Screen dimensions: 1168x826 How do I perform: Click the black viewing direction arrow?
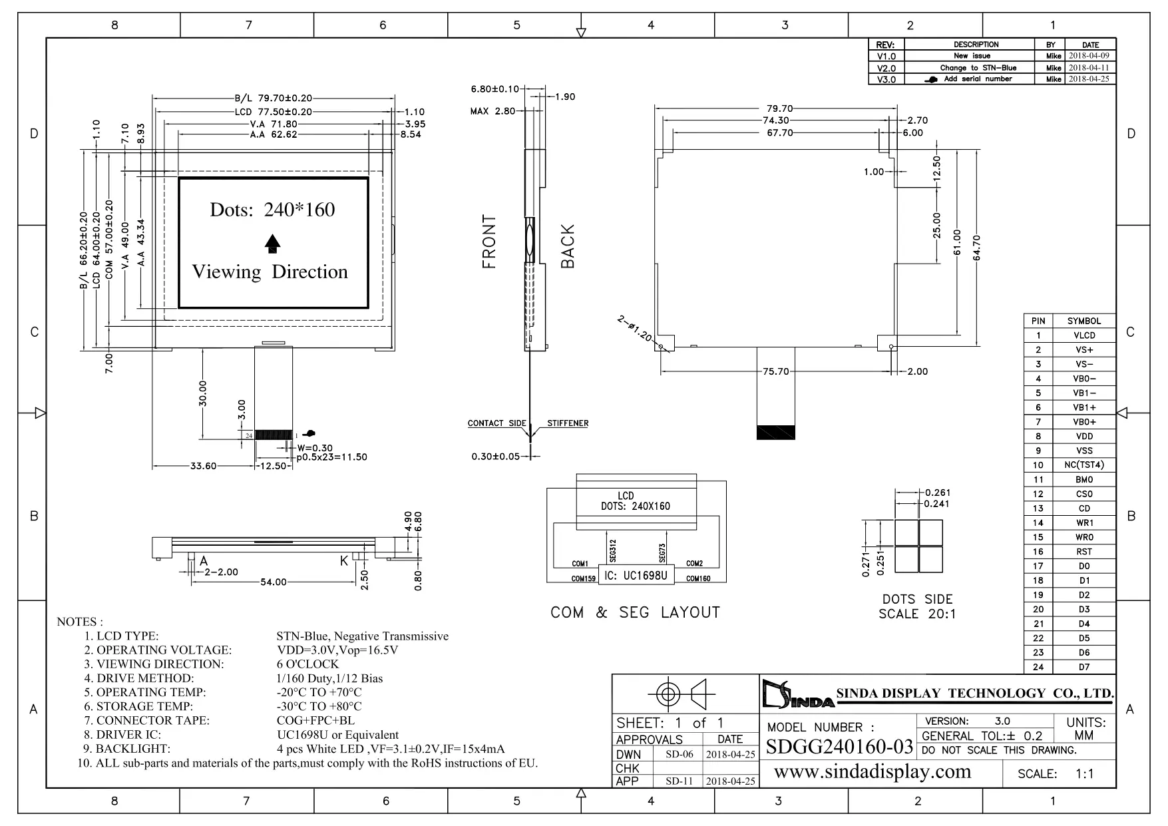(x=272, y=244)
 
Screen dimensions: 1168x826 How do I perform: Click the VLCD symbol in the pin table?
(x=1084, y=335)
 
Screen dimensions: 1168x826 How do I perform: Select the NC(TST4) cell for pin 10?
(x=1084, y=465)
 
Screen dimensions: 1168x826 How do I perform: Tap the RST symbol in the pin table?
(x=1084, y=552)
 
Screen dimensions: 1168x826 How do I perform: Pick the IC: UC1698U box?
(x=636, y=575)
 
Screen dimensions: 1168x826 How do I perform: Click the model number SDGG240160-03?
(x=839, y=747)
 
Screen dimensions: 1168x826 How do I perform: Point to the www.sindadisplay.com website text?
(x=873, y=771)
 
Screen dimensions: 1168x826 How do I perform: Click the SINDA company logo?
(x=797, y=694)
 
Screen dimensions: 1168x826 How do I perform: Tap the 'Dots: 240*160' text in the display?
(x=272, y=210)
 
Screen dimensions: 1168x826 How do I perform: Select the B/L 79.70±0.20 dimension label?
(x=273, y=99)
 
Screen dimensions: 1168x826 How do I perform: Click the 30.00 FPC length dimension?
(x=203, y=393)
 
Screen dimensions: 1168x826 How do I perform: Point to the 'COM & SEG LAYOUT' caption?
(x=635, y=612)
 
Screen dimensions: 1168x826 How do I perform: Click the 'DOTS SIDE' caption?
(x=917, y=599)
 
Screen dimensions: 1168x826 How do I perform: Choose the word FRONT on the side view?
(x=490, y=242)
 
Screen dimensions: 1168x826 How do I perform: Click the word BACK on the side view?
(x=568, y=246)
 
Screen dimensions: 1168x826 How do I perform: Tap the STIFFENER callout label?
(x=568, y=423)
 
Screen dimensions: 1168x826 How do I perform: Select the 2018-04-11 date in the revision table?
(x=1089, y=68)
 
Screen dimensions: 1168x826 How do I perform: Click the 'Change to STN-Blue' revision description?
(x=978, y=68)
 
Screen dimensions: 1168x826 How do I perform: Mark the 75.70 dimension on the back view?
(x=776, y=371)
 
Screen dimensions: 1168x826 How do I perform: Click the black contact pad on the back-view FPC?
(x=776, y=432)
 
